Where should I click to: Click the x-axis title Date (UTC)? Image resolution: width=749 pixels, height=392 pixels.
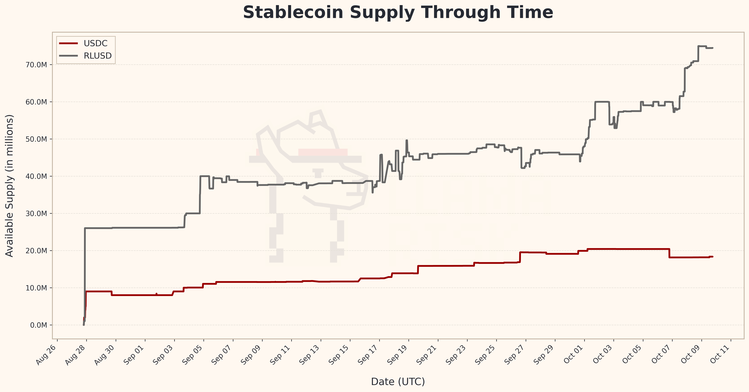click(398, 381)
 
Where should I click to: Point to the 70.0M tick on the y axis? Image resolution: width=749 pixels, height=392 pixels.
click(36, 65)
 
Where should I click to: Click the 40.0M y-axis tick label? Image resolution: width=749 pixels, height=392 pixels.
click(36, 176)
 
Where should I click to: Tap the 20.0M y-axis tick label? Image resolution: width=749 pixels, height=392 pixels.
click(36, 251)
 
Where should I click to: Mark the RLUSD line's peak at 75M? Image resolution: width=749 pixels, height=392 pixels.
click(702, 46)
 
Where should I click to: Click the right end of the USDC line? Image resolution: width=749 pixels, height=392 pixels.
click(712, 256)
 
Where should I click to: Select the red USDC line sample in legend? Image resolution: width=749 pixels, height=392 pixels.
click(69, 43)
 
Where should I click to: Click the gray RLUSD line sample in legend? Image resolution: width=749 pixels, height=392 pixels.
click(69, 56)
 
